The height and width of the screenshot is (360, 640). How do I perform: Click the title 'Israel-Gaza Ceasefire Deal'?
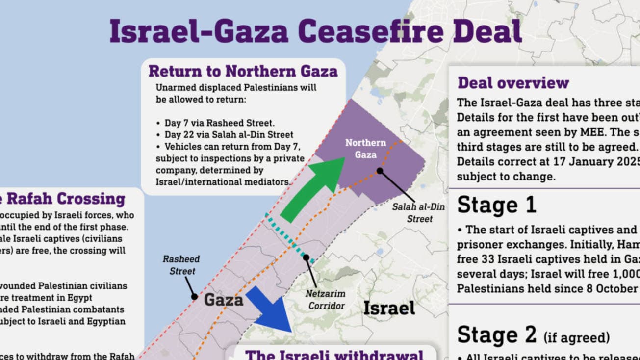pyautogui.click(x=315, y=31)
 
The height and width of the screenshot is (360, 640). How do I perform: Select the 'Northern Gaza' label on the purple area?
pyautogui.click(x=365, y=149)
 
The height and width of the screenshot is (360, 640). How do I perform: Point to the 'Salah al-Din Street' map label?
pyautogui.click(x=418, y=213)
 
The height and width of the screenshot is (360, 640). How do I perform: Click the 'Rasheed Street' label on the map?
pyautogui.click(x=182, y=265)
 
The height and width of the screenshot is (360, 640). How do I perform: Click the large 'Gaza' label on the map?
pyautogui.click(x=224, y=300)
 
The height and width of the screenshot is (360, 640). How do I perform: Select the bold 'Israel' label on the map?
pyautogui.click(x=389, y=308)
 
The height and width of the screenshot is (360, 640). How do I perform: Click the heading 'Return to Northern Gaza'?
pyautogui.click(x=243, y=72)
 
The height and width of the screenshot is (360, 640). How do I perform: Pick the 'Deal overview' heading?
pyautogui.click(x=513, y=83)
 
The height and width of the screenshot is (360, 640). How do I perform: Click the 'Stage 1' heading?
pyautogui.click(x=497, y=206)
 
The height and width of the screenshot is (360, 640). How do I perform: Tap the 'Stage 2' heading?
pyautogui.click(x=497, y=335)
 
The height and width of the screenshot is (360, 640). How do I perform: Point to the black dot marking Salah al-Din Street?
pyautogui.click(x=380, y=171)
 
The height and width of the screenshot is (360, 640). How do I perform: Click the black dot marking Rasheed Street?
pyautogui.click(x=194, y=297)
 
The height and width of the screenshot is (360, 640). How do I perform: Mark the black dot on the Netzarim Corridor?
pyautogui.click(x=306, y=257)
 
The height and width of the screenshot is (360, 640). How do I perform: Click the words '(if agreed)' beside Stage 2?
pyautogui.click(x=576, y=337)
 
